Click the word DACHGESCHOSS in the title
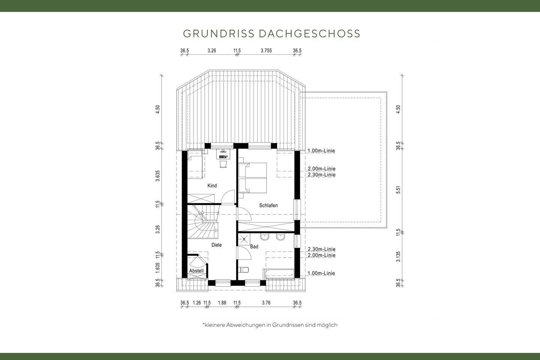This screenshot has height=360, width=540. point(309,34)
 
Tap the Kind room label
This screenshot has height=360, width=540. point(212,186)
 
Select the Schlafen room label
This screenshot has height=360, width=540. point(268,205)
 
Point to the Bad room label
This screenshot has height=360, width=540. point(254,247)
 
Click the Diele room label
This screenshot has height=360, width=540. point(217,245)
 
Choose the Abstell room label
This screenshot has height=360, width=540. point(196,271)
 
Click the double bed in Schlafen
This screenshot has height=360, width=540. point(253,178)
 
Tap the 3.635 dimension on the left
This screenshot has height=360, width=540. point(158,176)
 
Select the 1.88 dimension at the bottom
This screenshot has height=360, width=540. point(222,303)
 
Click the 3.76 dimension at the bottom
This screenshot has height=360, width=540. point(266,303)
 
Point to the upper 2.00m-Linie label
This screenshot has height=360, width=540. point(321,169)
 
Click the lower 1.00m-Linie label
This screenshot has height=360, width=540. point(321,273)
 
